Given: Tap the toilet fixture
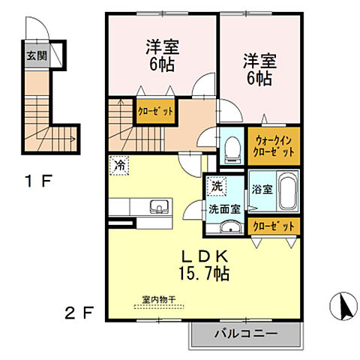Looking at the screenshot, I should click(x=232, y=148).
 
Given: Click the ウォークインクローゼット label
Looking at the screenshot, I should click(x=274, y=145).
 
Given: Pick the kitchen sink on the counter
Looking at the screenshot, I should click(x=158, y=207).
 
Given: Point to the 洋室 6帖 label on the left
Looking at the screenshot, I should click(x=161, y=54).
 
